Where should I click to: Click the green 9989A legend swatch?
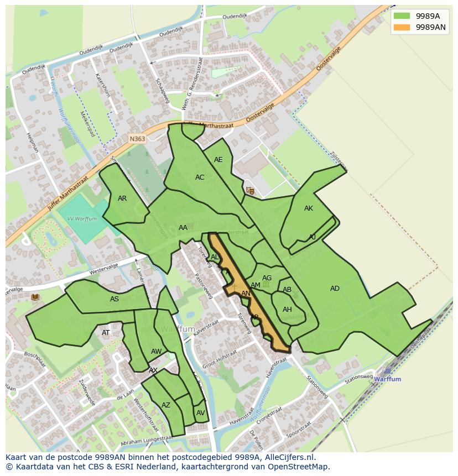[x=402, y=15]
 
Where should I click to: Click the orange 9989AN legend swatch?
[x=402, y=27]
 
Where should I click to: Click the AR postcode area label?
[x=122, y=198]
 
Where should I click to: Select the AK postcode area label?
[x=309, y=208]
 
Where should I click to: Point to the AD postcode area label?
[x=335, y=289]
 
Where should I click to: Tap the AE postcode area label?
[x=218, y=160]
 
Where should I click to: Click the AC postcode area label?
[x=200, y=177]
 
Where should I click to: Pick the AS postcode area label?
[x=114, y=299]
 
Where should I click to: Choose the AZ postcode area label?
[x=166, y=405]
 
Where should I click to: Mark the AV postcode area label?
[x=200, y=413]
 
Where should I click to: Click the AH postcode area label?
[x=287, y=310]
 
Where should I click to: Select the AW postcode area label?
[x=156, y=352]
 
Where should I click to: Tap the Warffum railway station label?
[x=387, y=379]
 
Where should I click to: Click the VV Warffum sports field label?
[x=82, y=219]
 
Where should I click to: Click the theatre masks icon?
[x=250, y=191]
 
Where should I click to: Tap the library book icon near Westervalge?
[x=35, y=297]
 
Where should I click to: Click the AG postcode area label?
[x=267, y=278]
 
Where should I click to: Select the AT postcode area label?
[x=106, y=333]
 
